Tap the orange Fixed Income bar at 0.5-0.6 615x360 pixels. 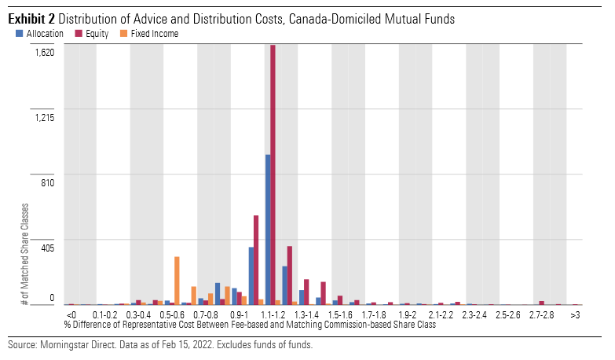177,281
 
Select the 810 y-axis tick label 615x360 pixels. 46,182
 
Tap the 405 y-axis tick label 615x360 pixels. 46,248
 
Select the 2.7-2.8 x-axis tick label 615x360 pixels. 541,314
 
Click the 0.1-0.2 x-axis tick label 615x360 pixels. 104,314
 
